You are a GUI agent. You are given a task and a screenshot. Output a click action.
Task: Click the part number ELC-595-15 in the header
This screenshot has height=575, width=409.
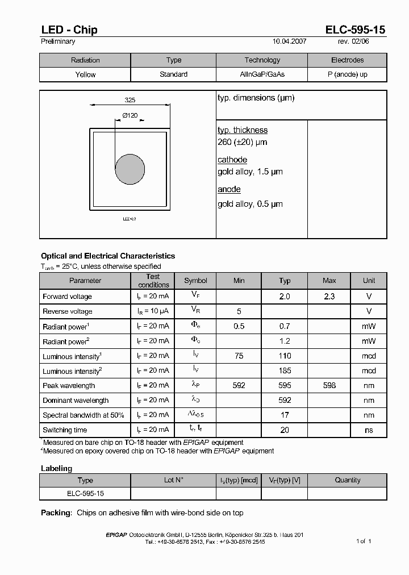pyautogui.click(x=356, y=30)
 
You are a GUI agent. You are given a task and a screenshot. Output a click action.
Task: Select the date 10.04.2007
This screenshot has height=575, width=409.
pyautogui.click(x=290, y=41)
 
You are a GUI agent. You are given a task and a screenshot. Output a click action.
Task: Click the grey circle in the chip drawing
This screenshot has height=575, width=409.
pyautogui.click(x=130, y=170)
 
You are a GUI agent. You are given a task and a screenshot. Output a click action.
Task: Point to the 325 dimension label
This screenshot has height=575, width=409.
pyautogui.click(x=130, y=100)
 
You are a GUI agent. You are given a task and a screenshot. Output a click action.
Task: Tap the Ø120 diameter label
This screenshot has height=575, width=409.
pyautogui.click(x=130, y=115)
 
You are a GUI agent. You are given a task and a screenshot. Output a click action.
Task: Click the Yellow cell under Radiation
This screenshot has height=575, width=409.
pyautogui.click(x=85, y=74)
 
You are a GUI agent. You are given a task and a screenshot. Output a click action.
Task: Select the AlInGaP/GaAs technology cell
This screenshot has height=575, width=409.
pyautogui.click(x=262, y=74)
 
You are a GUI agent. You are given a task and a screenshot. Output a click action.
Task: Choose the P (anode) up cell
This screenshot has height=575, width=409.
pyautogui.click(x=347, y=74)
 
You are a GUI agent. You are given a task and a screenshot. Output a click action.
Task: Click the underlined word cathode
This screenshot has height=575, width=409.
pyautogui.click(x=232, y=160)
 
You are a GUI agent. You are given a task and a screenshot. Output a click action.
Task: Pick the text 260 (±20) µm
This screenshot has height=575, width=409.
pyautogui.click(x=242, y=142)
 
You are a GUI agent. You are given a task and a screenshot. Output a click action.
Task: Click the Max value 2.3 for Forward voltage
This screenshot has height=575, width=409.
pyautogui.click(x=329, y=297)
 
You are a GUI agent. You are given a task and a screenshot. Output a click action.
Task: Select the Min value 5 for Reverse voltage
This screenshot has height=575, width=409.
pyautogui.click(x=239, y=311)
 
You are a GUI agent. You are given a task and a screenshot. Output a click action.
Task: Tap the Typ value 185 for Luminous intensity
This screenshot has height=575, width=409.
pyautogui.click(x=285, y=370)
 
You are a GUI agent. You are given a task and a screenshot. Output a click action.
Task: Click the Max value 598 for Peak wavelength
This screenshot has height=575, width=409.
pyautogui.click(x=329, y=385)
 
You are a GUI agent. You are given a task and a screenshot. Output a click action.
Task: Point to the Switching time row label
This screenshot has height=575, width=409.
pyautogui.click(x=65, y=430)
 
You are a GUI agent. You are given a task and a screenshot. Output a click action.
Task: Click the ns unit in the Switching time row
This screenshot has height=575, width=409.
pyautogui.click(x=369, y=430)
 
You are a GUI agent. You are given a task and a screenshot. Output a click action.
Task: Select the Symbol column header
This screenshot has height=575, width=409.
pyautogui.click(x=195, y=281)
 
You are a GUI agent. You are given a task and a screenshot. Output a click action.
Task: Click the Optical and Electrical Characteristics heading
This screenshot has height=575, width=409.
pyautogui.click(x=108, y=256)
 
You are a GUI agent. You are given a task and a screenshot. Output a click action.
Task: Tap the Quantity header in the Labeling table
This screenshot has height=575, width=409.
pyautogui.click(x=347, y=480)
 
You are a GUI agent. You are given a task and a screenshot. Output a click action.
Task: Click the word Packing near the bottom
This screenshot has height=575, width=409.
pyautogui.click(x=56, y=512)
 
